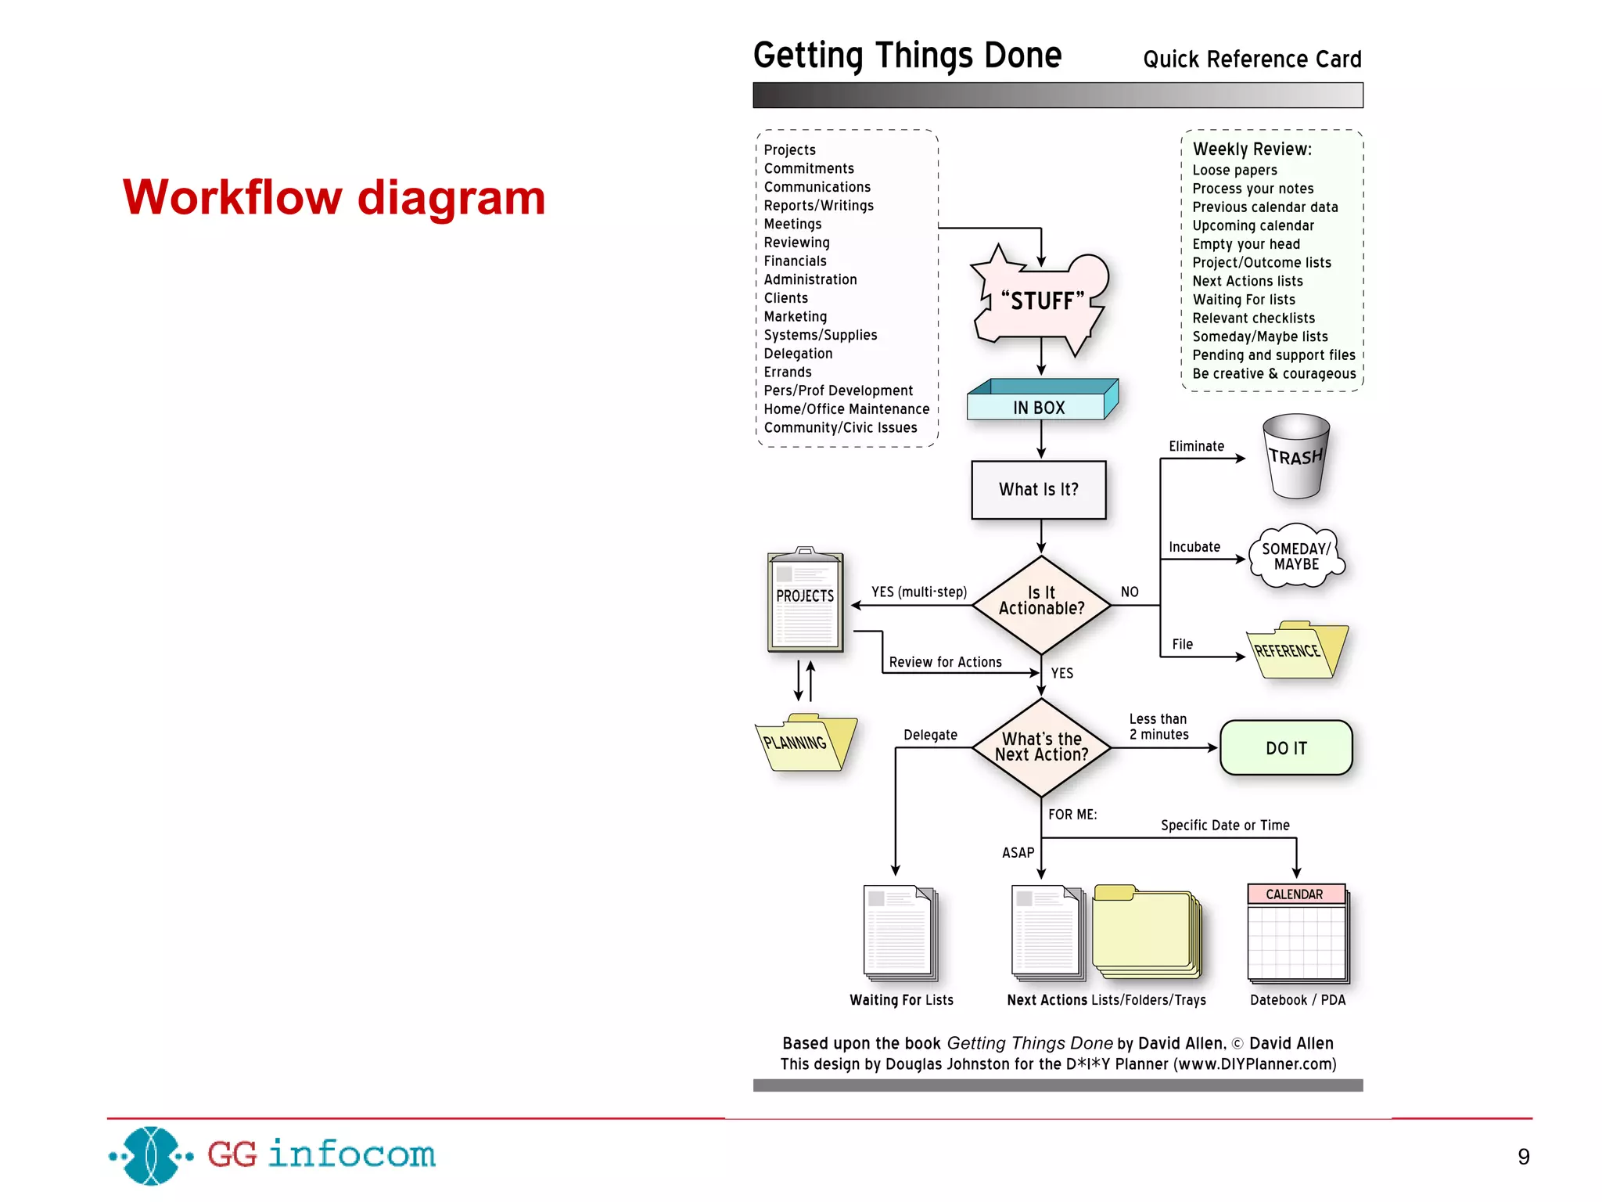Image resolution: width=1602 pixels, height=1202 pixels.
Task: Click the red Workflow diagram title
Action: (334, 197)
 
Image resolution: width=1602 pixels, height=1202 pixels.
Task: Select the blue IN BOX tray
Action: (1040, 402)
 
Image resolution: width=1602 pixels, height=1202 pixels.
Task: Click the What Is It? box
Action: (1038, 490)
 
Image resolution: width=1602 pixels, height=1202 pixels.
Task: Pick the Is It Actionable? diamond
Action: (1041, 603)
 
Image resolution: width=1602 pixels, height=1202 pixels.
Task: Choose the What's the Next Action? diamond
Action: (1041, 747)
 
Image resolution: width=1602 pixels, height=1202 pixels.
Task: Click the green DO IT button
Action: (1285, 748)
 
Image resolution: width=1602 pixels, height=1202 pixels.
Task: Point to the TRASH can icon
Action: (1295, 457)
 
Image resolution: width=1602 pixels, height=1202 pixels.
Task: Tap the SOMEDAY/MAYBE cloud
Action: (1295, 556)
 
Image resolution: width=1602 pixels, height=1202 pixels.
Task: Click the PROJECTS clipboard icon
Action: (805, 600)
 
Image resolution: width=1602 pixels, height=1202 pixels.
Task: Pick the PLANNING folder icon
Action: (804, 743)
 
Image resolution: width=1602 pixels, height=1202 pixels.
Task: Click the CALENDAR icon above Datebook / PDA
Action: (1296, 933)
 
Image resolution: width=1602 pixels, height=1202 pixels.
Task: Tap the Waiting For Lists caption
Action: (901, 1000)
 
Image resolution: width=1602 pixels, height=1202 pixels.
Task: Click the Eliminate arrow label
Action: (1196, 446)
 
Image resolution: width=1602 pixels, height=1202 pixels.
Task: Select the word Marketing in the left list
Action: (795, 316)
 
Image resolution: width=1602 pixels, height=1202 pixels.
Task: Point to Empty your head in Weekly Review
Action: (1245, 244)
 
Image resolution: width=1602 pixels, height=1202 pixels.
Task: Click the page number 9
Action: (1523, 1157)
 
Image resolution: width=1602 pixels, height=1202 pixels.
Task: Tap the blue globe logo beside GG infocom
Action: (151, 1155)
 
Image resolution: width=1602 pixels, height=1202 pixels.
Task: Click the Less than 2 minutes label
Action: (1158, 726)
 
